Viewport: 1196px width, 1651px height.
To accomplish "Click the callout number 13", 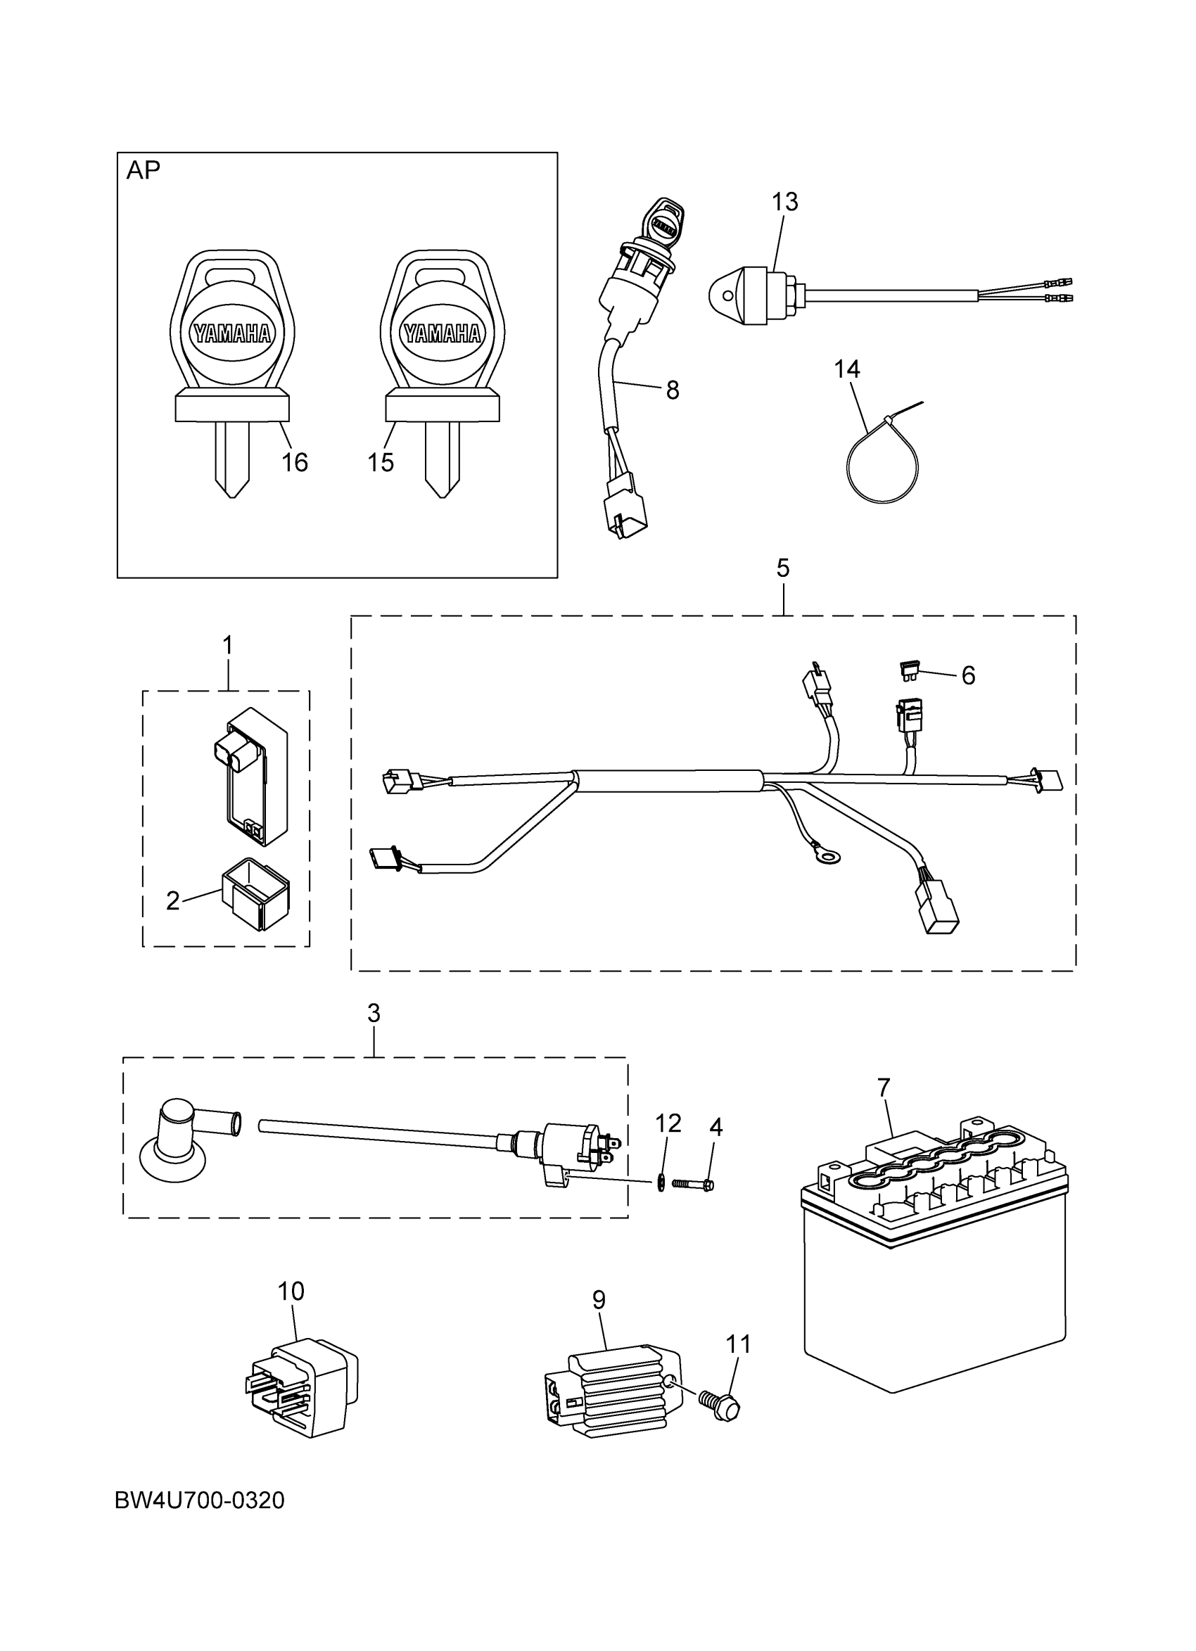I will [x=784, y=202].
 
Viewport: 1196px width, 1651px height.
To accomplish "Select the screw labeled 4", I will [x=693, y=1185].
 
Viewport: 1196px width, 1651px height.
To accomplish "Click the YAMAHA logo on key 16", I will [x=232, y=333].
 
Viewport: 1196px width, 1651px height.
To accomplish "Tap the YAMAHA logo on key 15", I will [x=443, y=333].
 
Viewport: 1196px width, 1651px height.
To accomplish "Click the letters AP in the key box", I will [x=144, y=170].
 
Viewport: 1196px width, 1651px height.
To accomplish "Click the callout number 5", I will [x=782, y=568].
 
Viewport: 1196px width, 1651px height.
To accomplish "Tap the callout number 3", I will [x=374, y=1012].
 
